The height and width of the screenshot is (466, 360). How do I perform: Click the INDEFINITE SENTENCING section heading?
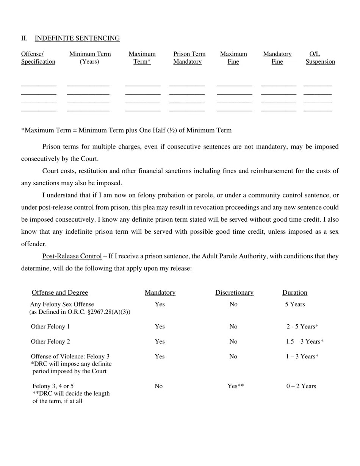pyautogui.click(x=77, y=38)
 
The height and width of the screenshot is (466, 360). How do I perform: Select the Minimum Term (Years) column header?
pyautogui.click(x=90, y=58)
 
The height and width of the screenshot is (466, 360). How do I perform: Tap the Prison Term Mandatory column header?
pyautogui.click(x=189, y=58)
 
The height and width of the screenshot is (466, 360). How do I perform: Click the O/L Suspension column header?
pyautogui.click(x=320, y=58)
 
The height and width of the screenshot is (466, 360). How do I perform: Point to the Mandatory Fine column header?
pyautogui.click(x=277, y=58)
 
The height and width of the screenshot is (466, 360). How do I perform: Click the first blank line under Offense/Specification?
pyautogui.click(x=39, y=85)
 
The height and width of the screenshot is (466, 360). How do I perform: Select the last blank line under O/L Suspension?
pyautogui.click(x=318, y=110)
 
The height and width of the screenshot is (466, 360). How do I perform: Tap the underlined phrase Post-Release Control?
pyautogui.click(x=72, y=256)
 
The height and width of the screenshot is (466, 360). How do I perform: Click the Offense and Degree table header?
pyautogui.click(x=60, y=292)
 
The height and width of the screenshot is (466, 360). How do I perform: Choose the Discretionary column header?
pyautogui.click(x=234, y=292)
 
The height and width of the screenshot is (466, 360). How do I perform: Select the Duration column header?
pyautogui.click(x=294, y=292)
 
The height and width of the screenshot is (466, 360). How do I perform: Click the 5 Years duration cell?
pyautogui.click(x=295, y=304)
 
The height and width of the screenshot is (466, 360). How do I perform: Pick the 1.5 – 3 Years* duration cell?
pyautogui.click(x=305, y=341)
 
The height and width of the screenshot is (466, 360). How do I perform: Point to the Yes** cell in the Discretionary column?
pyautogui.click(x=235, y=386)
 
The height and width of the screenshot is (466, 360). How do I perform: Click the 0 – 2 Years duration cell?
pyautogui.click(x=301, y=386)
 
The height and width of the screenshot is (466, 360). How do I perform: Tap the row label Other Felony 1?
pyautogui.click(x=50, y=327)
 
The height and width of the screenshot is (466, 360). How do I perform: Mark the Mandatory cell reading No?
pyautogui.click(x=158, y=386)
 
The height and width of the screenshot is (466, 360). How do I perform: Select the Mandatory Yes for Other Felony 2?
pyautogui.click(x=160, y=341)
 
